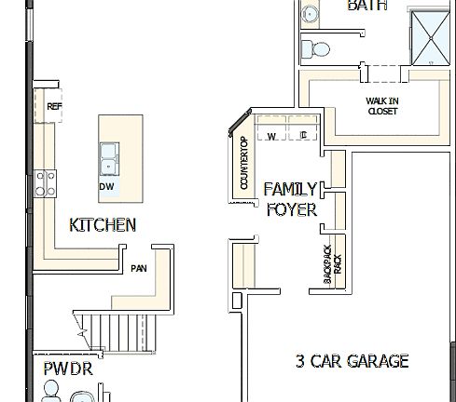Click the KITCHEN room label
(103, 224)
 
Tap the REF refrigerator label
(53, 107)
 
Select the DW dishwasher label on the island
(107, 186)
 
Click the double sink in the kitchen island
(109, 158)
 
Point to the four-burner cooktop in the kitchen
(45, 181)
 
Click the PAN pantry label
(139, 268)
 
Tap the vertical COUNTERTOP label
(244, 164)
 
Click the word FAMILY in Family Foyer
(290, 189)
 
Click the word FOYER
(292, 209)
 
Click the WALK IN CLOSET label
(381, 104)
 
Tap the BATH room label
(366, 6)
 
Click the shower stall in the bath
(431, 40)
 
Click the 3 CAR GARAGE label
(352, 361)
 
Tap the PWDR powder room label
(67, 368)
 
